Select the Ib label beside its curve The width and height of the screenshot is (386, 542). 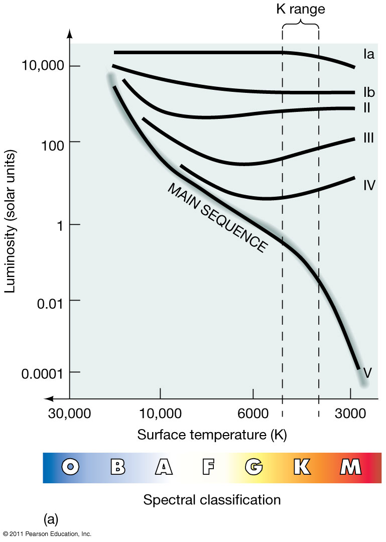[369, 92]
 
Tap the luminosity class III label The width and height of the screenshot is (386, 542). [368, 138]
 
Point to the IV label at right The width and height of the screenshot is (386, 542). [369, 185]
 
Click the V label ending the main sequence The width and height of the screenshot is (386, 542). [367, 372]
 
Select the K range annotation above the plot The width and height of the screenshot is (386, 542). [300, 9]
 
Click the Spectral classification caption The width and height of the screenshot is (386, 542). [212, 500]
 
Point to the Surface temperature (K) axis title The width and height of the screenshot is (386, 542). [212, 435]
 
